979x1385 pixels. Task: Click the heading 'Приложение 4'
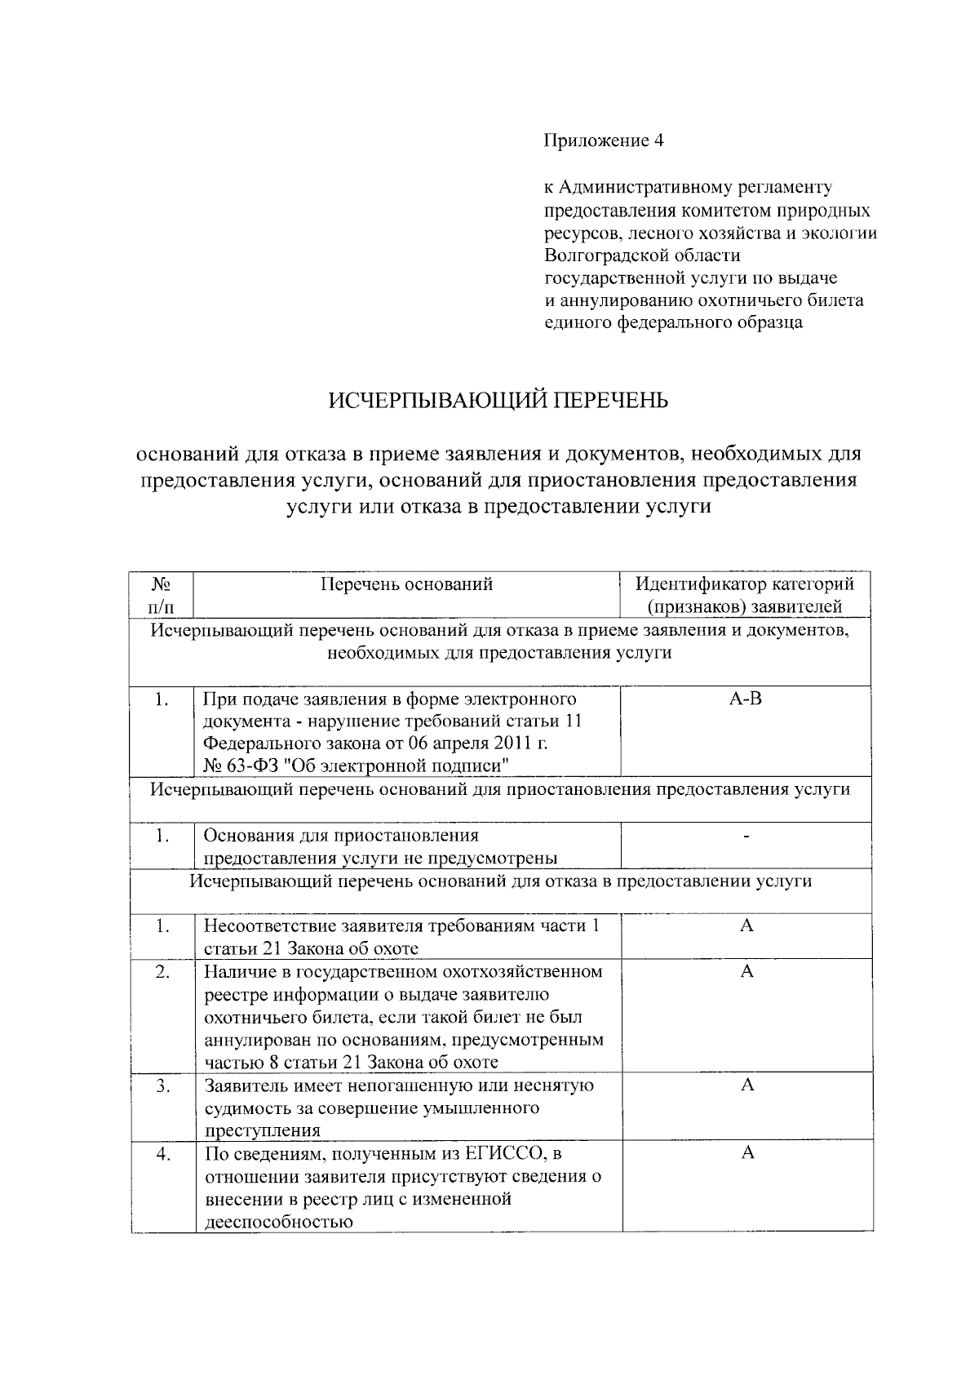point(604,141)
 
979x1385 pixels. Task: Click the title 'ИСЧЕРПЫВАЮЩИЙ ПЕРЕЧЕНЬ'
point(498,401)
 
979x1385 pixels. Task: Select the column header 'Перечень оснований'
point(406,584)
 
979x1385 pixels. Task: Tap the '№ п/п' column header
point(162,595)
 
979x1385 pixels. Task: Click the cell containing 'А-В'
point(745,699)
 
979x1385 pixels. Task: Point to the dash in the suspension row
point(746,836)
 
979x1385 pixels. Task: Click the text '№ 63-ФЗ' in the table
point(236,766)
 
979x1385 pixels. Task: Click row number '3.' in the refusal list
point(163,1085)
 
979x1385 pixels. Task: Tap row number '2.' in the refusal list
point(163,972)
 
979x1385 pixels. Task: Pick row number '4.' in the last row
point(163,1153)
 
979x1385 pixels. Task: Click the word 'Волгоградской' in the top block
point(603,255)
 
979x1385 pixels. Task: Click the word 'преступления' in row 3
point(261,1130)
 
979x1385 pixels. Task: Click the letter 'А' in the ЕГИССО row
point(746,1153)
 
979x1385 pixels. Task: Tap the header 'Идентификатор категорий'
point(745,584)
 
